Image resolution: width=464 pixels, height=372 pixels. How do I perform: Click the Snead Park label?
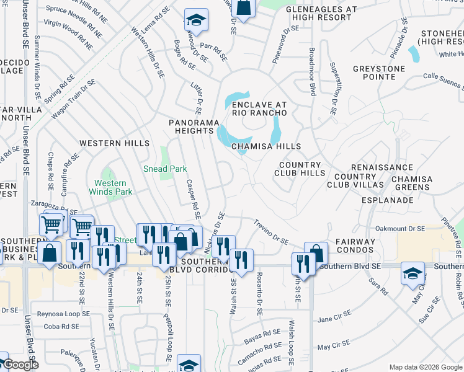165,169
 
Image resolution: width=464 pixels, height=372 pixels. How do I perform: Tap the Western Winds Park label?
110,187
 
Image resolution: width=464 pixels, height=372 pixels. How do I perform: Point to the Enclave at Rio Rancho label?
259,109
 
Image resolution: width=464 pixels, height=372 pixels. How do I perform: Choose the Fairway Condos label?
355,246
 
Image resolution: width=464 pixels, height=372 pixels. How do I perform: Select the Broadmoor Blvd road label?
311,71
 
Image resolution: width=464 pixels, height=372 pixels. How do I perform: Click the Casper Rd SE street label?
192,200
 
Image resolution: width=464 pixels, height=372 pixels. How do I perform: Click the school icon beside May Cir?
413,273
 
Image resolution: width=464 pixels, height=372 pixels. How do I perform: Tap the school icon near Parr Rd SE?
197,20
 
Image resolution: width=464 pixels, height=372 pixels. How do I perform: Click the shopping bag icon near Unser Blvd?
50,252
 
